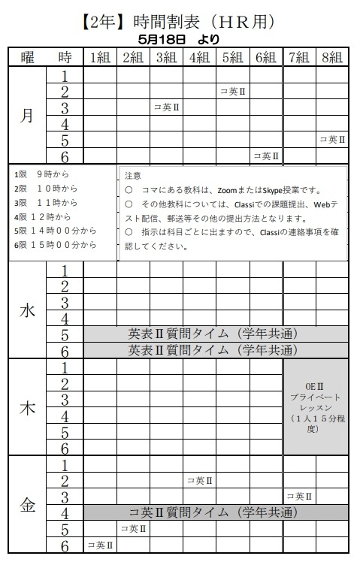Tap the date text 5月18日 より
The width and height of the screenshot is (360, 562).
[x=180, y=38]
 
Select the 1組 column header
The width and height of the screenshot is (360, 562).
[x=100, y=57]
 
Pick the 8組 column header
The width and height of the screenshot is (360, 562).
[x=331, y=57]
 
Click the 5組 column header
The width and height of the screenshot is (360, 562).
[x=232, y=57]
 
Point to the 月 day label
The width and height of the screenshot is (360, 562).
[x=27, y=116]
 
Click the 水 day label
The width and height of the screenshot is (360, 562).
[x=27, y=310]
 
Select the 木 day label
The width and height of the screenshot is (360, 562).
[x=27, y=407]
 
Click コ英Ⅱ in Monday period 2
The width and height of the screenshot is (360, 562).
[x=232, y=92]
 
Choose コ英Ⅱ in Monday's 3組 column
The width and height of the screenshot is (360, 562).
[x=166, y=107]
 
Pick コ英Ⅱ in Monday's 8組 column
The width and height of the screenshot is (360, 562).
[x=331, y=140]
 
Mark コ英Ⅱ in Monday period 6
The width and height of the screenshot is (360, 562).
[x=265, y=156]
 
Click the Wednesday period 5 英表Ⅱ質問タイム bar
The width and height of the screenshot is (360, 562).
[x=216, y=334]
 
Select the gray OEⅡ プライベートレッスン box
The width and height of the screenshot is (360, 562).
[x=316, y=406]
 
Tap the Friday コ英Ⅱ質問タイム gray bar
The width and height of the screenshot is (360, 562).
[x=216, y=513]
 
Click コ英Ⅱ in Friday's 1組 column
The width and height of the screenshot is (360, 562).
[x=100, y=545]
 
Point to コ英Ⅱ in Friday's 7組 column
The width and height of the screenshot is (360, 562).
[x=299, y=497]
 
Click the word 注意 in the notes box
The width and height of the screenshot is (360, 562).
[x=132, y=174]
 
